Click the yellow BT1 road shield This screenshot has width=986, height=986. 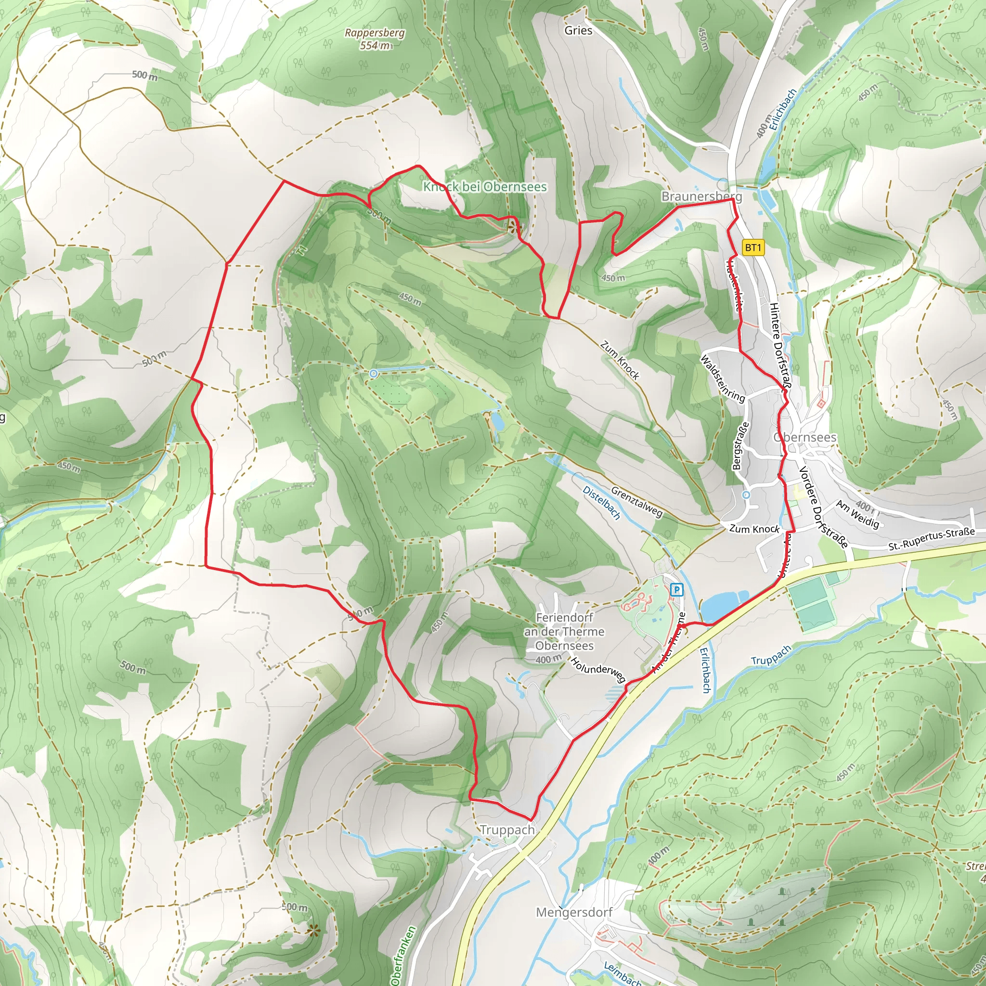tap(753, 248)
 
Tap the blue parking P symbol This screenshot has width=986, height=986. tap(676, 590)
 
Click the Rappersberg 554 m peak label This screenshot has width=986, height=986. tap(375, 39)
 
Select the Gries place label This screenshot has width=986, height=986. tap(578, 31)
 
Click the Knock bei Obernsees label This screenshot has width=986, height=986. tap(485, 187)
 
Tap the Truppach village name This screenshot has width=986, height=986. tap(507, 830)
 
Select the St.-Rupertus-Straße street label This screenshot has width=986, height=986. tap(931, 539)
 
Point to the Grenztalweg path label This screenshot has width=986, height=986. tap(636, 502)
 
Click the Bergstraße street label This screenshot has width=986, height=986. tap(740, 445)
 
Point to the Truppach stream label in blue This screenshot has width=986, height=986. tap(771, 655)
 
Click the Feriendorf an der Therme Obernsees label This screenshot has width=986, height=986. tap(564, 632)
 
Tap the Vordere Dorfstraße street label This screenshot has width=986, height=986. tap(823, 507)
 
